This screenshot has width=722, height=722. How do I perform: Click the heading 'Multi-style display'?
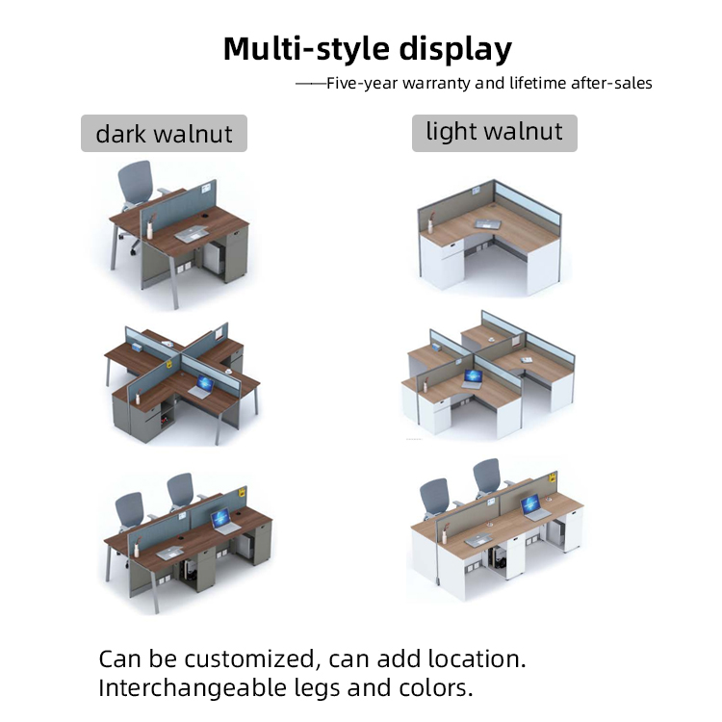tap(367, 48)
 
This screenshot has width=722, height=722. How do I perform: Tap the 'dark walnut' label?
tap(164, 133)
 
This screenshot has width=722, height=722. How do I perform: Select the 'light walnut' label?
tap(494, 132)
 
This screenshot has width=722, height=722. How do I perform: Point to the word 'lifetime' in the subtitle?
tap(538, 84)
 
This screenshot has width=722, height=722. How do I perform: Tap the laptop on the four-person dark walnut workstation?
tap(201, 389)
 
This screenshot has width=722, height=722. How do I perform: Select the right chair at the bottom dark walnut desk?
tap(180, 496)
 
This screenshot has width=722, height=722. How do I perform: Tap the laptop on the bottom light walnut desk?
tap(532, 507)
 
